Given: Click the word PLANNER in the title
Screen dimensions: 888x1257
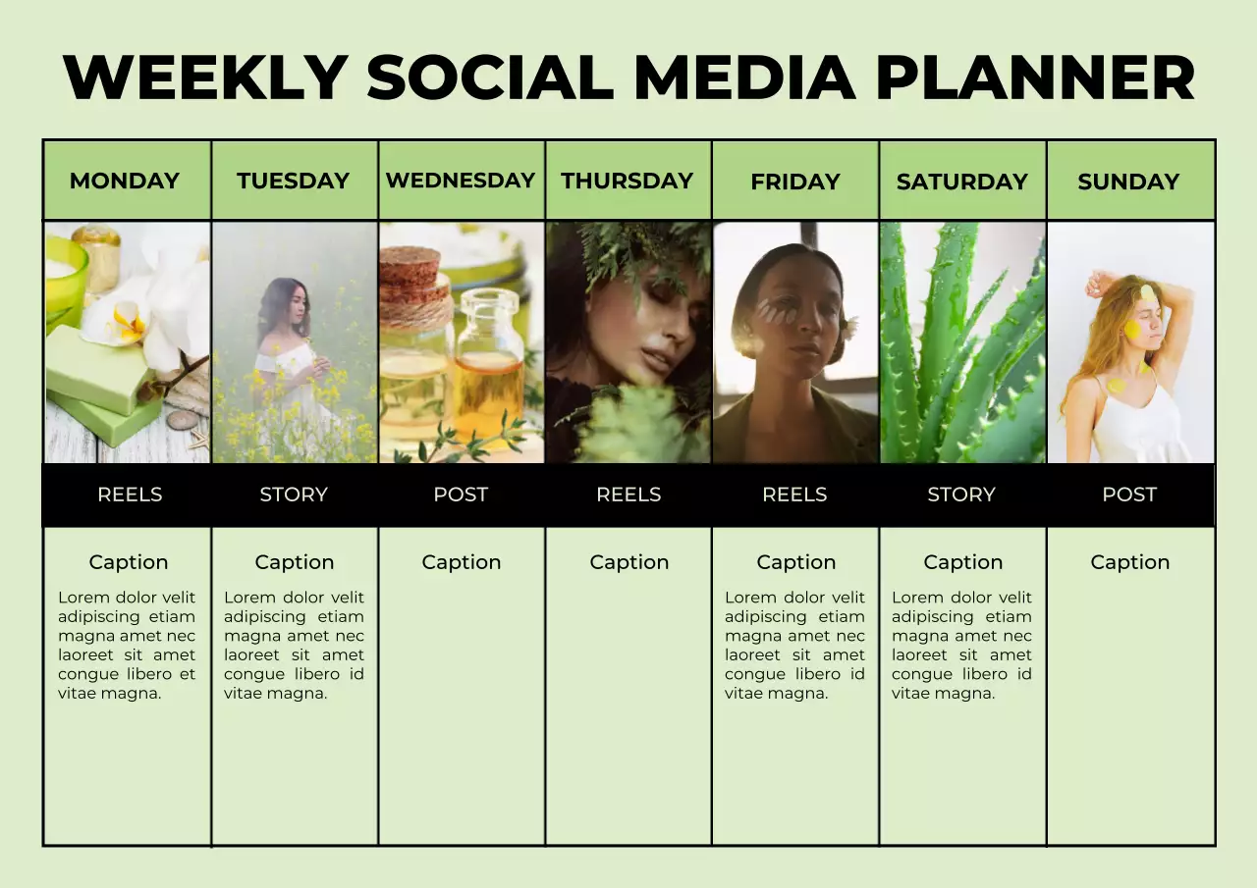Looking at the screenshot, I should coord(1034,78).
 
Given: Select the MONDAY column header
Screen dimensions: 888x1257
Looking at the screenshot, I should coord(125,182).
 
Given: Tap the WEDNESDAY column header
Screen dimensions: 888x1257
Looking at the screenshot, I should coord(461,181).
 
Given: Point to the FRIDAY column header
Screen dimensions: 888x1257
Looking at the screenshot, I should coord(794,183).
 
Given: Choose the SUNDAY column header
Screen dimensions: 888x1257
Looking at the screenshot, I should coord(1128,183).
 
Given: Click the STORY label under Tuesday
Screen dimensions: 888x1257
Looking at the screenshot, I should coord(294,495).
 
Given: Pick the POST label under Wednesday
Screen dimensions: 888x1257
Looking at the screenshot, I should coord(461,495).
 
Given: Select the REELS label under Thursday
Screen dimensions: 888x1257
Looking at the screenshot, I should coord(628,495).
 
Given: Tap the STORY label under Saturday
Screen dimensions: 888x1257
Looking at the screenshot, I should coord(961,495).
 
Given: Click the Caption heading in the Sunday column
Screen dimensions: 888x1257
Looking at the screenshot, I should coord(1129,562).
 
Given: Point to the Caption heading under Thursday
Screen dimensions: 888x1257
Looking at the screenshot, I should coord(628,562).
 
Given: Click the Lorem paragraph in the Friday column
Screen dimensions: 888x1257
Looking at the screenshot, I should coord(794,645).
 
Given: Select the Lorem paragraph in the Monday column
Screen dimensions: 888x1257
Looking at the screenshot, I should coord(127,645).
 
